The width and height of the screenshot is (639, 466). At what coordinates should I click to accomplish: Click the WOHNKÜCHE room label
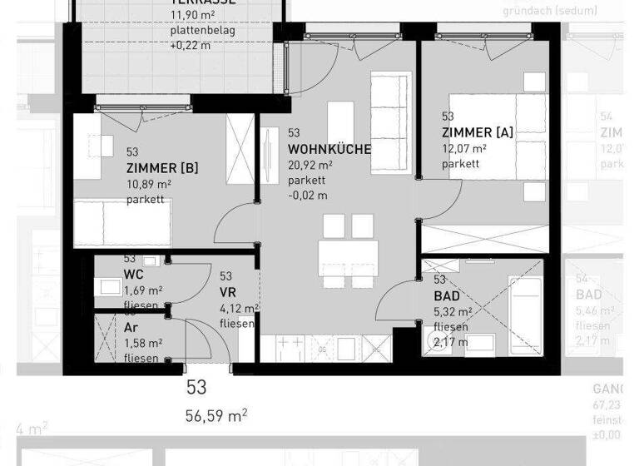[329, 149]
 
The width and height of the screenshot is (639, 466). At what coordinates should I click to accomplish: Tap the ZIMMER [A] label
[477, 133]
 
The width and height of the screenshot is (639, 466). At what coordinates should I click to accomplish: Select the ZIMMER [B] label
[162, 168]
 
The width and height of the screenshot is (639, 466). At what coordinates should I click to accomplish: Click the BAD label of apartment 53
[446, 295]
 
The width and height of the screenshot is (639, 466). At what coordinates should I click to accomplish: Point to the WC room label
[134, 274]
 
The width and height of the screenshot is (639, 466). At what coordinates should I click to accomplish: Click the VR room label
[228, 292]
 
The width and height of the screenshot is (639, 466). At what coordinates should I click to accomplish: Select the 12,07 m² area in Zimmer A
[464, 149]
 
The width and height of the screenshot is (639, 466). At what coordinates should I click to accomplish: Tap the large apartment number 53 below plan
[196, 388]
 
